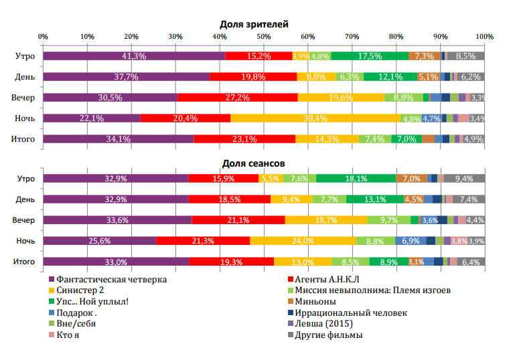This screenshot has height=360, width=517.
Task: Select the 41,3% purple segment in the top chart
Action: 134,56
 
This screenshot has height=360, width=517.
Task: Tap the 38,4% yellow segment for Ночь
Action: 315,118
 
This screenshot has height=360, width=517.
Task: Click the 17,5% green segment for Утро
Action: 370,56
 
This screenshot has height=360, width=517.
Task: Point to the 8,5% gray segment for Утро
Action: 465,56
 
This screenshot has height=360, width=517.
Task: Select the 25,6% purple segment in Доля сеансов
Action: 100,241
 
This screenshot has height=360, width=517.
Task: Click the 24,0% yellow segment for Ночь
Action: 303,241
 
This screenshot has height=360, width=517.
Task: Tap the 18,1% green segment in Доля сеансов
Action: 356,178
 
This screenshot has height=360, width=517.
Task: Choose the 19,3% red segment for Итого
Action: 231,262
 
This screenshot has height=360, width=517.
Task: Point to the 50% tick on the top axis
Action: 264,36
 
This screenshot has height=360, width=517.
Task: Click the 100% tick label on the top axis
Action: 484,36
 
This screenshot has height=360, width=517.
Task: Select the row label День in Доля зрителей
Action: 25,77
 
